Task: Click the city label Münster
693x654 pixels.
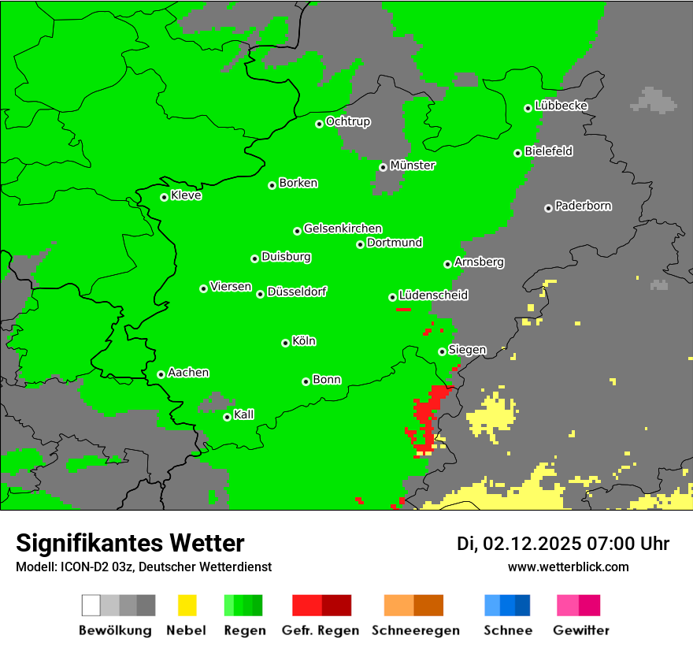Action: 413,166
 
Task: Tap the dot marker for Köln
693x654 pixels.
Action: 285,343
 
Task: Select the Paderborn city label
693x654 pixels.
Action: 583,206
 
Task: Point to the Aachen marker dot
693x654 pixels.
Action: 161,374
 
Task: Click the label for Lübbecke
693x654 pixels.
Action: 561,106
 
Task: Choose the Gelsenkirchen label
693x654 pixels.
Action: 343,229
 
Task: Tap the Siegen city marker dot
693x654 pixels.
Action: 442,351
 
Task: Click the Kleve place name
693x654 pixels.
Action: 186,195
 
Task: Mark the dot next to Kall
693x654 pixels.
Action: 227,417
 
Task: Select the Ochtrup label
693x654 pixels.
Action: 347,122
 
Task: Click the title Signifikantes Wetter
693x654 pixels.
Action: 130,544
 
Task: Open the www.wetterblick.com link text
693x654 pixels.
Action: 568,567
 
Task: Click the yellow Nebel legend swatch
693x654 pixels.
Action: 187,605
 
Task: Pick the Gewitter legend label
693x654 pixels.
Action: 580,630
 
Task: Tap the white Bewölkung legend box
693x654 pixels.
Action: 91,605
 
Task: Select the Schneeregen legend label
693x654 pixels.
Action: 415,630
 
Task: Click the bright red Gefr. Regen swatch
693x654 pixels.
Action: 306,605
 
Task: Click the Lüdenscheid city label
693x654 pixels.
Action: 433,295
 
